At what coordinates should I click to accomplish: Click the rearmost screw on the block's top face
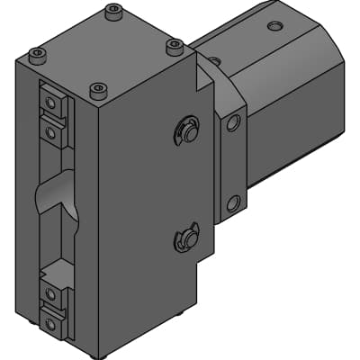(112, 11)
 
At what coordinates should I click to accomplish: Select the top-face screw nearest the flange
(174, 44)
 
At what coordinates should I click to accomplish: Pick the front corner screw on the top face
(98, 89)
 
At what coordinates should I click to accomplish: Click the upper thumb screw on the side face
(186, 131)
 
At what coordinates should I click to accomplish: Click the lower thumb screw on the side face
(186, 238)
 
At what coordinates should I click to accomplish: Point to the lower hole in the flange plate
(233, 203)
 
